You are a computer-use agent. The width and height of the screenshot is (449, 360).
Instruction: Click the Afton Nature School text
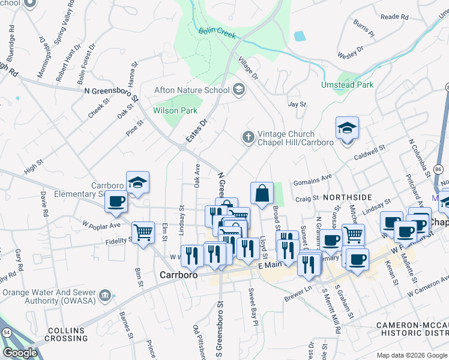[192, 90]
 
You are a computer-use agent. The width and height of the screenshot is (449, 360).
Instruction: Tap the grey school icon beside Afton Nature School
[239, 90]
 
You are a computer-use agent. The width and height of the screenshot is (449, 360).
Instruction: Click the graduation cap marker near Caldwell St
[347, 128]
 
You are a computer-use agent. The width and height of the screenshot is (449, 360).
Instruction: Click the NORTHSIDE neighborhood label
[348, 197]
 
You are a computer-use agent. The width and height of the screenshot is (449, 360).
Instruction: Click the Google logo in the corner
[20, 353]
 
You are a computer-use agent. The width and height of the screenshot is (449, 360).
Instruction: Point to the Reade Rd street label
[394, 17]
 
